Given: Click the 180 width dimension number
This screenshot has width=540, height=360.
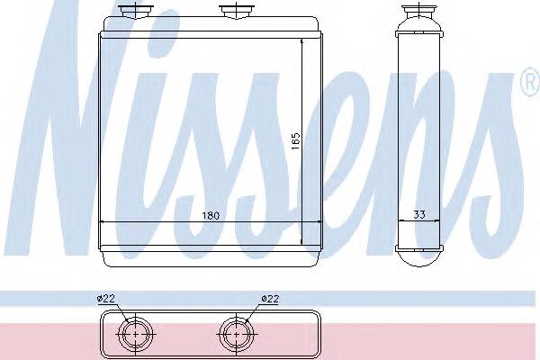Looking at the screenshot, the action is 211,216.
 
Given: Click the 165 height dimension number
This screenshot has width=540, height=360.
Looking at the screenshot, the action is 295,141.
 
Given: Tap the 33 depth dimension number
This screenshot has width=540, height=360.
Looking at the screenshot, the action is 418,214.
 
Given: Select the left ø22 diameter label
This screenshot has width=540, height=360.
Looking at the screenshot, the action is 105,298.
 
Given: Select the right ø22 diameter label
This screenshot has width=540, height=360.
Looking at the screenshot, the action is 270,298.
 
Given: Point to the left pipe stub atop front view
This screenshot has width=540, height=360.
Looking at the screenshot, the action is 135,10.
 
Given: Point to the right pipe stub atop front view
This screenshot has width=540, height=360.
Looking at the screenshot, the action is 237,10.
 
